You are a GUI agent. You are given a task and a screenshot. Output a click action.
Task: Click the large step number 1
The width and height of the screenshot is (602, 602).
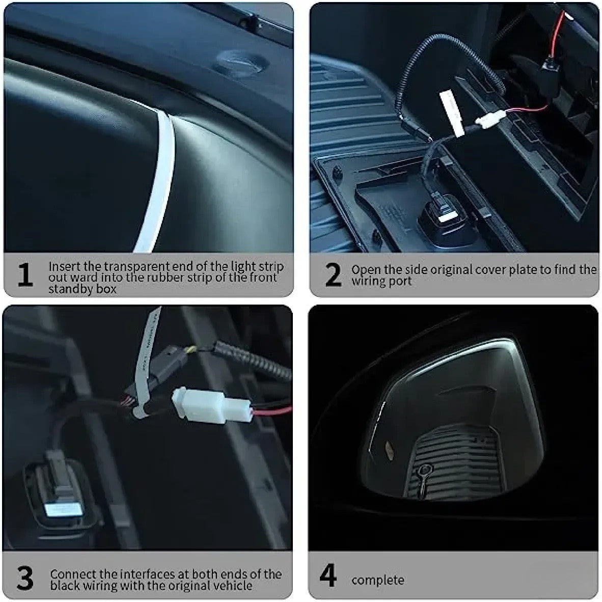tap(25, 275)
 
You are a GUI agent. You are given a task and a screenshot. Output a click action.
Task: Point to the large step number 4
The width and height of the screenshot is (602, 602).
tap(328, 576)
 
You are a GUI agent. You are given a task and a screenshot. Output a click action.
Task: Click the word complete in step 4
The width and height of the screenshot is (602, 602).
tap(377, 580)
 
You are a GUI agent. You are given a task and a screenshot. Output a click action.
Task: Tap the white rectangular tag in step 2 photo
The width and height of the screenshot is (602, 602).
tap(450, 112)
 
